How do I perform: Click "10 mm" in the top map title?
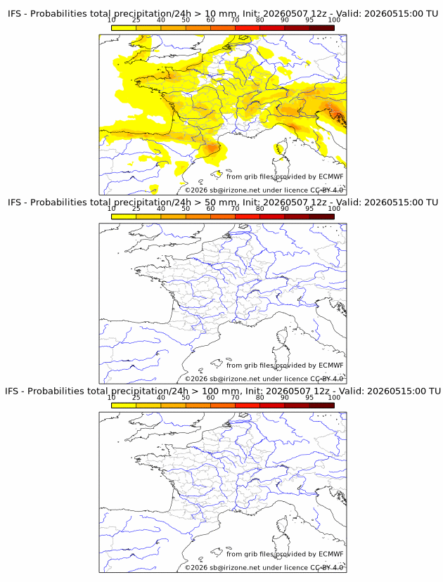[221, 14]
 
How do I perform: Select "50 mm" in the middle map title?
[221, 202]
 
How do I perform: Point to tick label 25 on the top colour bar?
[136, 20]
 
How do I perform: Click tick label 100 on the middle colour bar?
[334, 209]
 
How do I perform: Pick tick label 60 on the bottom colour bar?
[210, 398]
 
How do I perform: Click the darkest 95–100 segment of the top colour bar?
[322, 28]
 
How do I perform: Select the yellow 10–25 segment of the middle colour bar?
[124, 216]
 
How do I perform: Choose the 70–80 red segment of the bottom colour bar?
[248, 406]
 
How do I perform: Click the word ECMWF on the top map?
[331, 176]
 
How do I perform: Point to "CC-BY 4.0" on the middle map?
[327, 379]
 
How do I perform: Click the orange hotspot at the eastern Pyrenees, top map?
[212, 148]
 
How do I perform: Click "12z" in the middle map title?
[319, 202]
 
